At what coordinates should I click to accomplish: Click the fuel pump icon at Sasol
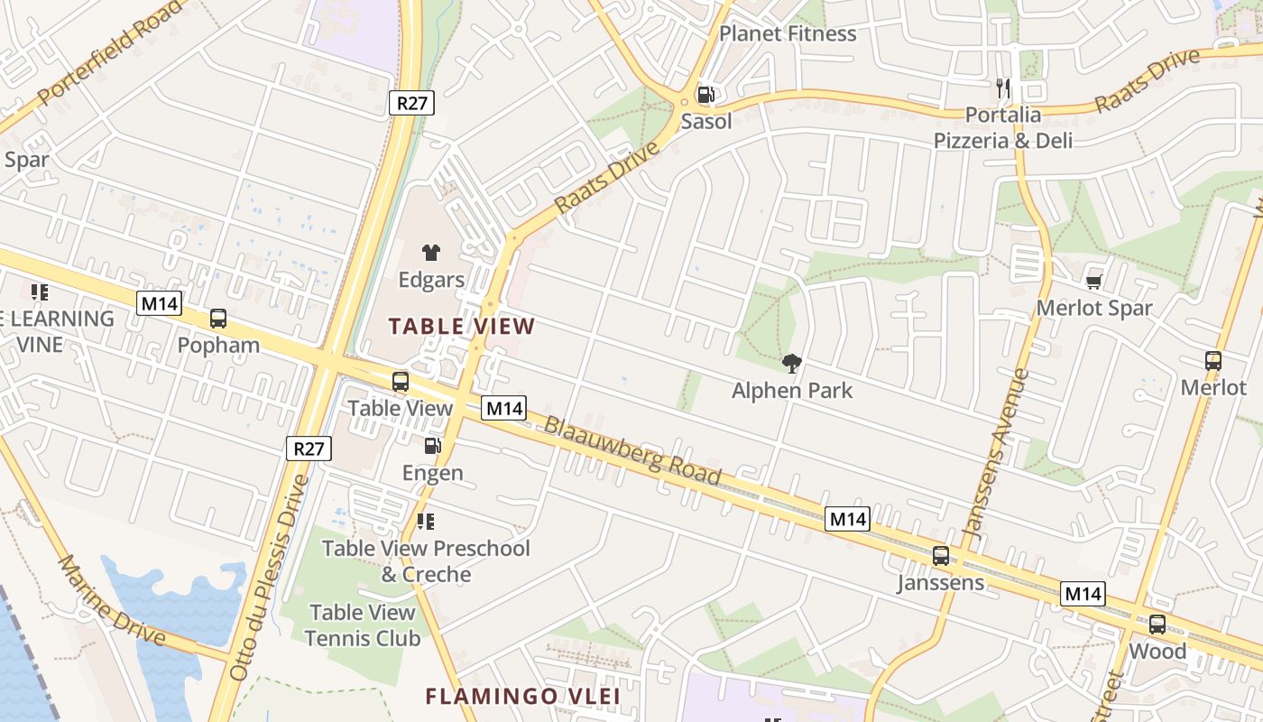click(x=706, y=95)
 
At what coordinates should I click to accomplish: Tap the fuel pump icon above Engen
click(x=433, y=445)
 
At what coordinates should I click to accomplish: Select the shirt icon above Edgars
click(x=430, y=253)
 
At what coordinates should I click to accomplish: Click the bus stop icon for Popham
click(x=218, y=318)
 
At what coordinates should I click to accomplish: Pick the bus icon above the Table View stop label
click(x=400, y=381)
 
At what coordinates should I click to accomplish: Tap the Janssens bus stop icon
click(x=940, y=555)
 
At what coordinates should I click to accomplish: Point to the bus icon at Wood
click(x=1157, y=624)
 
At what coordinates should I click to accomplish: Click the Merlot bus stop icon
click(x=1212, y=360)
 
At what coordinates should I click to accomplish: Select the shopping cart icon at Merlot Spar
click(x=1094, y=281)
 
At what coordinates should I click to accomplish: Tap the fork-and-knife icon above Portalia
click(x=1003, y=88)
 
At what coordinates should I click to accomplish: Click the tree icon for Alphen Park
click(x=792, y=363)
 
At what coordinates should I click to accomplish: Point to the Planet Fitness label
click(x=788, y=33)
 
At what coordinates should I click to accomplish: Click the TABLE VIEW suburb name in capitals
click(x=462, y=326)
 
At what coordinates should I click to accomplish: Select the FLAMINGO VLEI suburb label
click(x=522, y=696)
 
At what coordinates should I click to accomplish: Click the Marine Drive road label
click(x=112, y=600)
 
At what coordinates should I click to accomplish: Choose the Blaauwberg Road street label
click(x=632, y=450)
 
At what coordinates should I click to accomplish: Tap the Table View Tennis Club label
click(x=363, y=625)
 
